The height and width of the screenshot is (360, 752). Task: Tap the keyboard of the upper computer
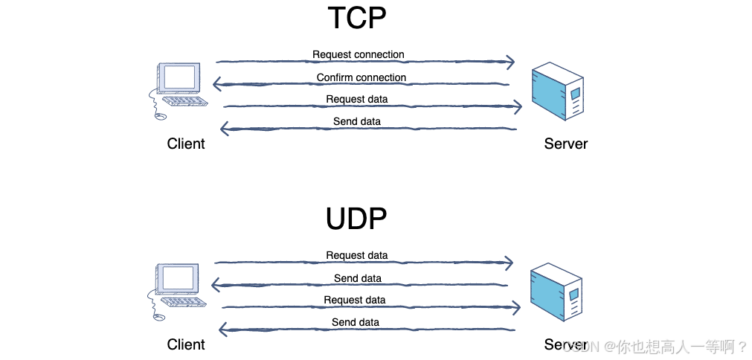pyautogui.click(x=184, y=100)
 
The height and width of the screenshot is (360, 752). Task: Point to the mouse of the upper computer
pyautogui.click(x=161, y=116)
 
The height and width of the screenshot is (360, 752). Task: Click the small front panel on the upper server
pyautogui.click(x=575, y=93)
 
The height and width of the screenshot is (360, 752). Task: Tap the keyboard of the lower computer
pyautogui.click(x=184, y=301)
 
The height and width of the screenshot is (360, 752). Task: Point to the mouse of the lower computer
pyautogui.click(x=159, y=317)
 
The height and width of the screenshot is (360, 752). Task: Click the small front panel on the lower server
pyautogui.click(x=573, y=294)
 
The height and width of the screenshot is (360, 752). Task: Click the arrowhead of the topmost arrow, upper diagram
pyautogui.click(x=510, y=62)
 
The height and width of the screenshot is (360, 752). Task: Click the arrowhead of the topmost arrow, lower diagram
pyautogui.click(x=509, y=263)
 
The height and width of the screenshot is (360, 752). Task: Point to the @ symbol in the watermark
pyautogui.click(x=608, y=346)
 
